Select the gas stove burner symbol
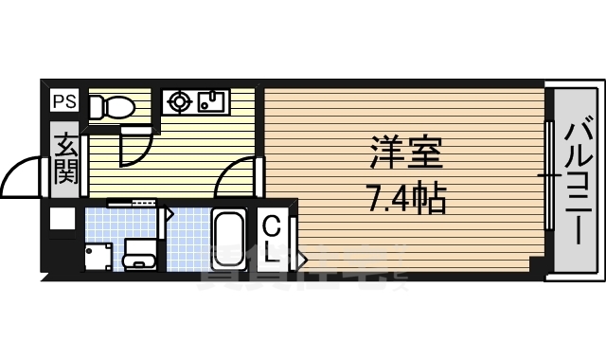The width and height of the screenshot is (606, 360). (x=179, y=101)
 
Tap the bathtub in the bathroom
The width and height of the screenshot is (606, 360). (x=228, y=237)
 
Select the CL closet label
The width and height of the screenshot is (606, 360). (x=272, y=241)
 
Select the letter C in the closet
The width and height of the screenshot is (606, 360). (x=272, y=227)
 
